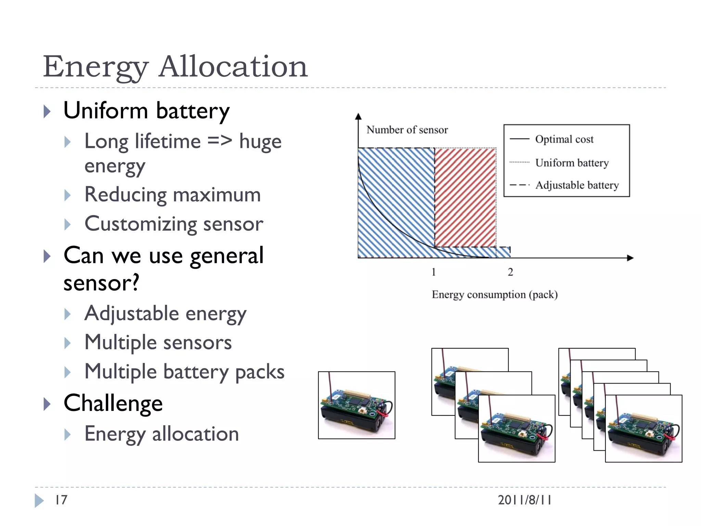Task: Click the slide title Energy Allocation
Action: click(x=175, y=66)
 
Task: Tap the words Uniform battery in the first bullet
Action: click(x=146, y=111)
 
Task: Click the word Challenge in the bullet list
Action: click(x=113, y=403)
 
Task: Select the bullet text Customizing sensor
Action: click(x=174, y=224)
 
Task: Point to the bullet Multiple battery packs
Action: click(x=184, y=372)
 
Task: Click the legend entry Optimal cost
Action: click(x=564, y=139)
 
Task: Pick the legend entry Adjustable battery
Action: click(x=577, y=185)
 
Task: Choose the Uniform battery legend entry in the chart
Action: click(x=572, y=163)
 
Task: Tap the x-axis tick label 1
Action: click(x=434, y=272)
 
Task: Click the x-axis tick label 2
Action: click(x=510, y=272)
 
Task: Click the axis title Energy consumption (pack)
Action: click(x=495, y=295)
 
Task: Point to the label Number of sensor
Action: click(x=407, y=130)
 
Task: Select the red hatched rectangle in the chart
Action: click(x=466, y=197)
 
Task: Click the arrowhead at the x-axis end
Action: click(x=630, y=258)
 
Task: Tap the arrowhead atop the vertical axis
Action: click(x=358, y=117)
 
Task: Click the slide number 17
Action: click(x=61, y=500)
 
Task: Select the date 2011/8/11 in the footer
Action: click(x=524, y=500)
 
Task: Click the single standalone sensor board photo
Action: click(x=356, y=405)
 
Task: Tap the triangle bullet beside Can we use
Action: click(x=47, y=256)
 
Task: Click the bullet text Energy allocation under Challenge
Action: click(x=162, y=434)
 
